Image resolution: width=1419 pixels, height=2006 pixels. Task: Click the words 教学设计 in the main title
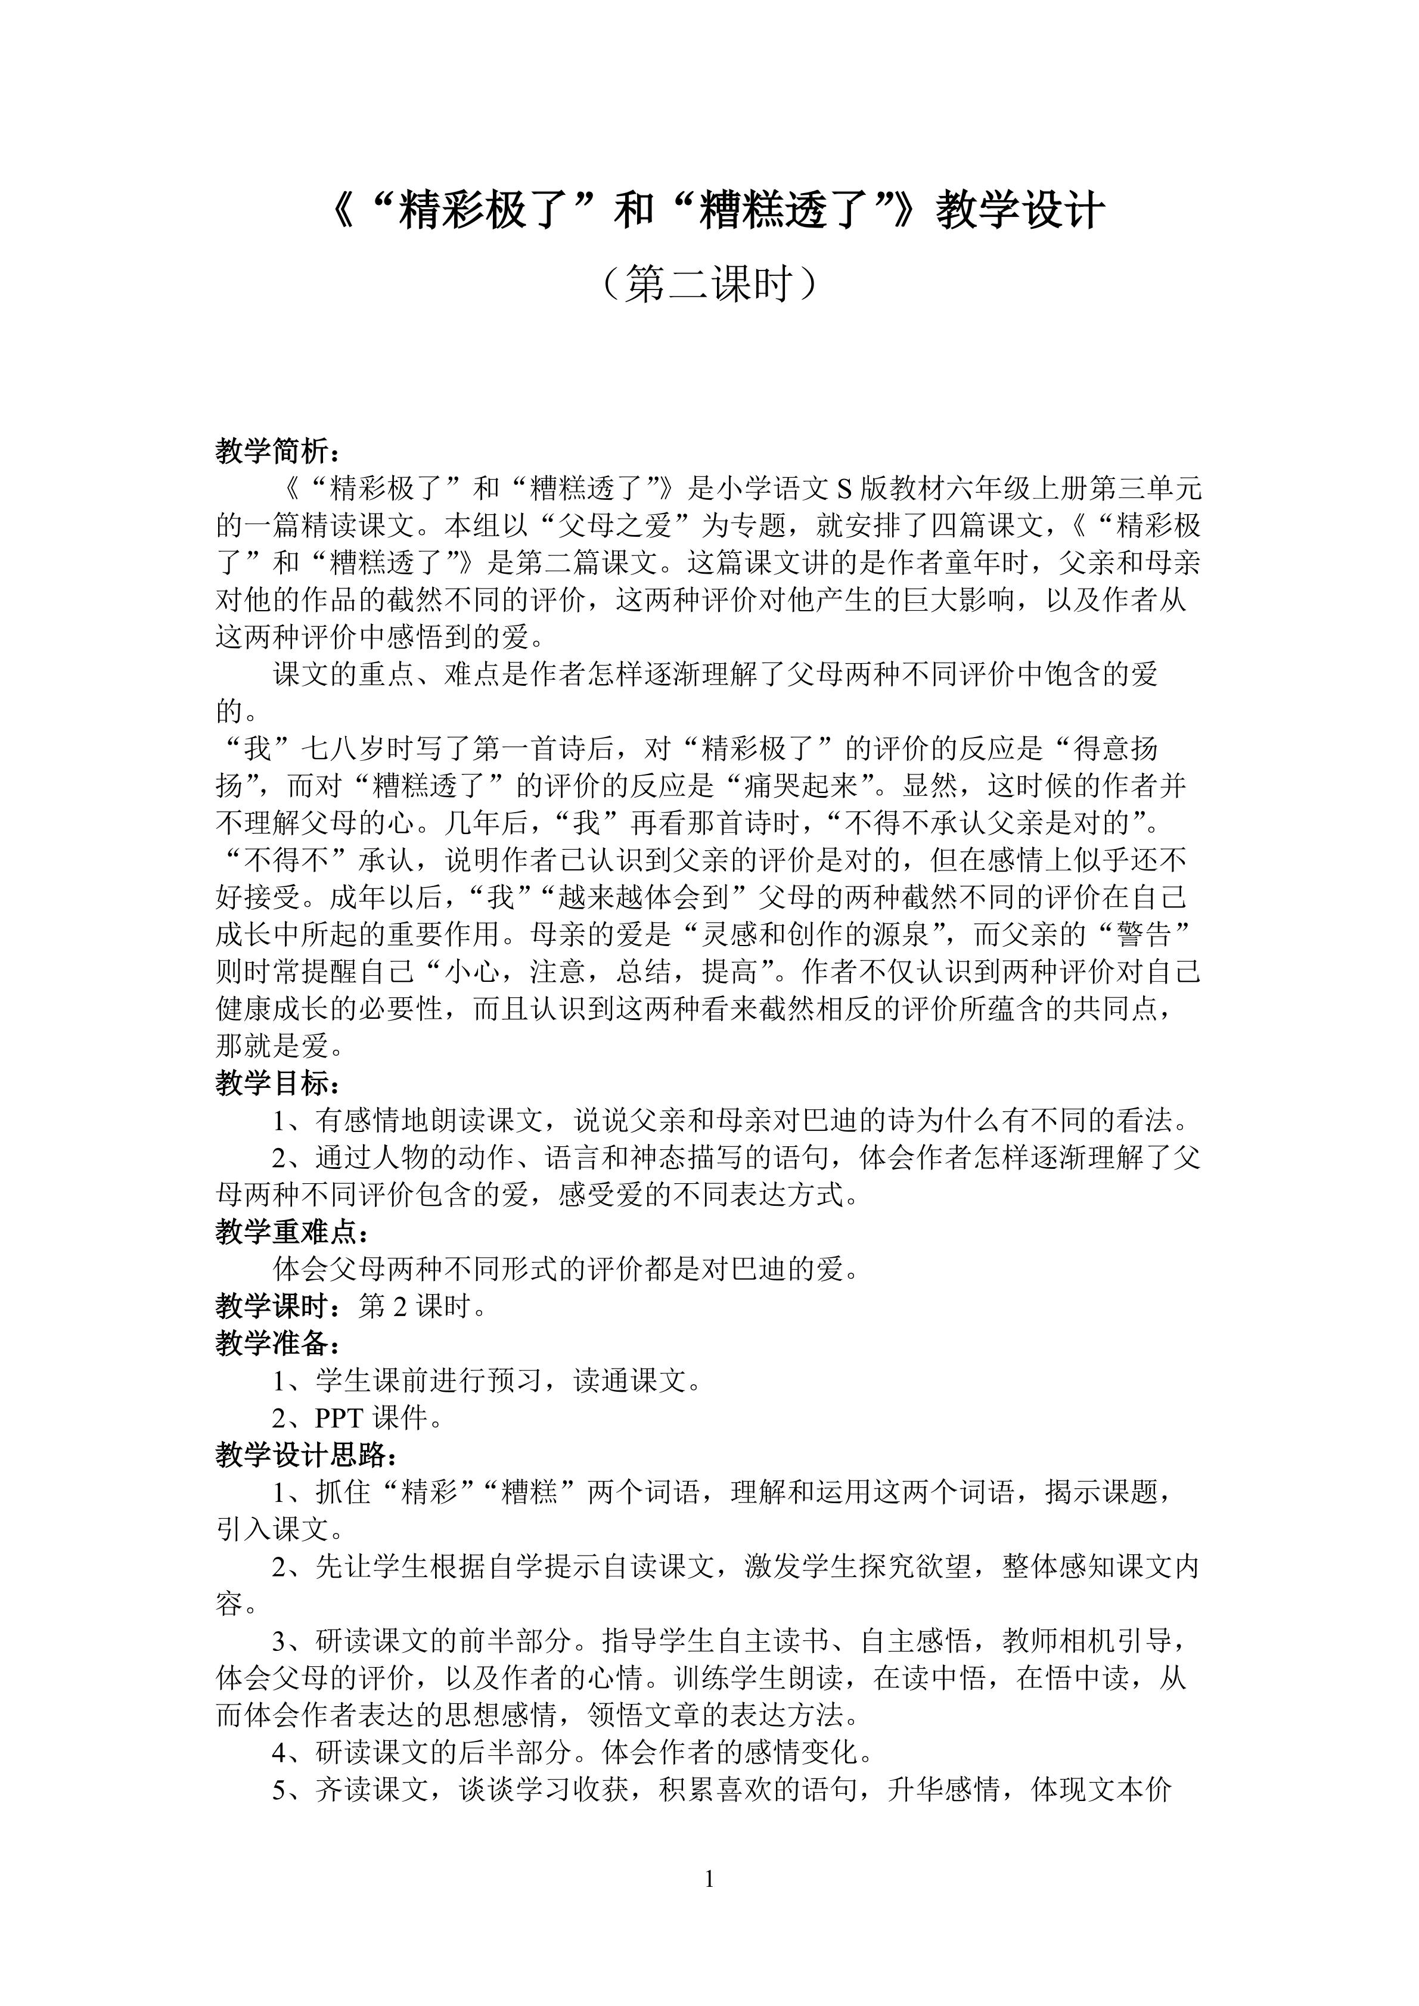1020,212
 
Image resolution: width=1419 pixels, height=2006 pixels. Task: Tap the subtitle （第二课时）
709,284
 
